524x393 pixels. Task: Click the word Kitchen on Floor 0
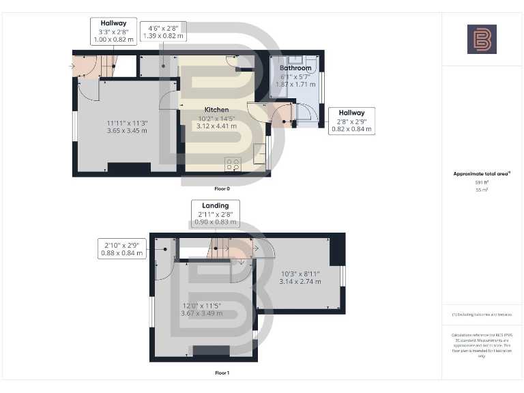[x=216, y=109]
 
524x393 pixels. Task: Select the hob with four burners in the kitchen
[x=232, y=163]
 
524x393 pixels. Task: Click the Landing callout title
[x=215, y=205]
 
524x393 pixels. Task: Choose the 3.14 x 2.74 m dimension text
[x=300, y=281]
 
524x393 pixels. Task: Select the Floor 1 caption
[x=222, y=373]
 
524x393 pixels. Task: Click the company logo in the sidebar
[x=482, y=39]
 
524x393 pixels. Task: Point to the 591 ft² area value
[x=482, y=183]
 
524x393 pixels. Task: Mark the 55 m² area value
[x=482, y=190]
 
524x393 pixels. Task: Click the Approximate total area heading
[x=482, y=174]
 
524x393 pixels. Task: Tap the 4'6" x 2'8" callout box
[x=162, y=32]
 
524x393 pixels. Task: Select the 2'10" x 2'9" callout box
[x=123, y=248]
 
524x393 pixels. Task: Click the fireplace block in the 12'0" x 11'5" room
[x=202, y=351]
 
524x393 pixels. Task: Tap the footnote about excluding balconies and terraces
[x=482, y=315]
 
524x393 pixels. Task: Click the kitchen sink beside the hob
[x=259, y=154]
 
